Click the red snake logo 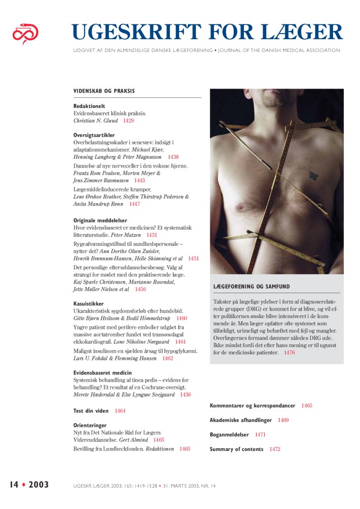click(x=25, y=34)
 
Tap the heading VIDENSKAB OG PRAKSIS click(x=104, y=91)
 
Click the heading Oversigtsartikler click(x=94, y=135)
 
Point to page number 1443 click(x=140, y=180)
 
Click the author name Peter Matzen click(x=126, y=235)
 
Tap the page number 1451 click(x=193, y=259)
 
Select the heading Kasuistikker click(x=89, y=303)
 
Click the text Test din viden click(x=91, y=411)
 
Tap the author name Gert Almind click(x=133, y=439)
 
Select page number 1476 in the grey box click(x=289, y=352)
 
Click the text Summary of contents click(x=236, y=449)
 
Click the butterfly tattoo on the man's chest click(x=314, y=175)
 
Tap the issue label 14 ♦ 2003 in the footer click(x=29, y=485)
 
